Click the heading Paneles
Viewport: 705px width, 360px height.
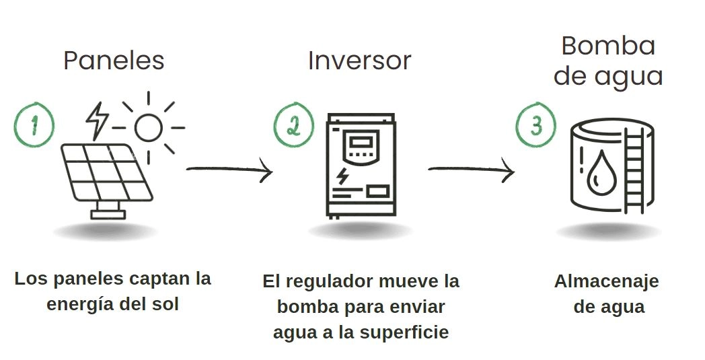coord(114,61)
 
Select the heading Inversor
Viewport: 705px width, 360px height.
coord(359,61)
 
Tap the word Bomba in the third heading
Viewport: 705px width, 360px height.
coord(608,46)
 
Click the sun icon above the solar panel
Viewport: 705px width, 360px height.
coord(148,126)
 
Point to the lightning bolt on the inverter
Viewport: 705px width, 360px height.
coord(344,176)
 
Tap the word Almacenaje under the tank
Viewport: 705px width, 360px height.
coord(606,281)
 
